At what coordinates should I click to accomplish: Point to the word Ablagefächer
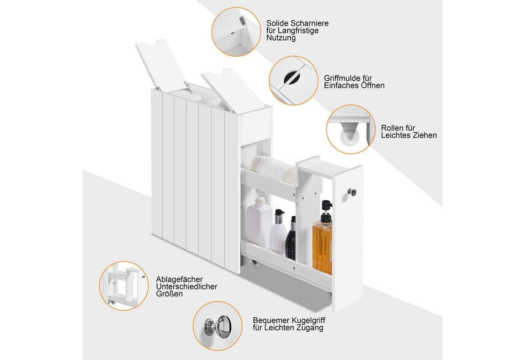(x=179, y=280)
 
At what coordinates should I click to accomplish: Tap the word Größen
(x=169, y=294)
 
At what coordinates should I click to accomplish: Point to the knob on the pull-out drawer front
(x=352, y=192)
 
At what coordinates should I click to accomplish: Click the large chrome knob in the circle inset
(x=223, y=326)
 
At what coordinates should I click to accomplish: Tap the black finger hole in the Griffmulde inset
(x=292, y=77)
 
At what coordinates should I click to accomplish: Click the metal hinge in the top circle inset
(x=242, y=21)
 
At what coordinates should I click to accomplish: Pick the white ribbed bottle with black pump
(x=278, y=232)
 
